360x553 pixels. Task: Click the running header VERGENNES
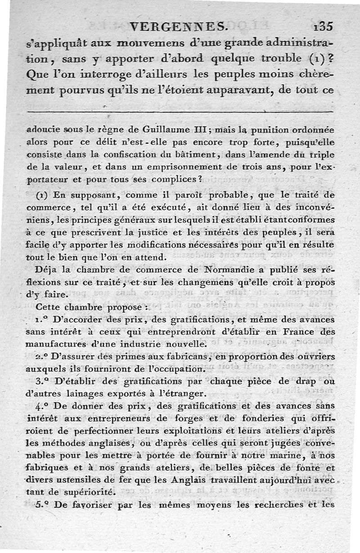pos(178,27)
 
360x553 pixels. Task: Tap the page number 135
pos(323,27)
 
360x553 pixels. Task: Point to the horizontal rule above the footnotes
pos(180,112)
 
